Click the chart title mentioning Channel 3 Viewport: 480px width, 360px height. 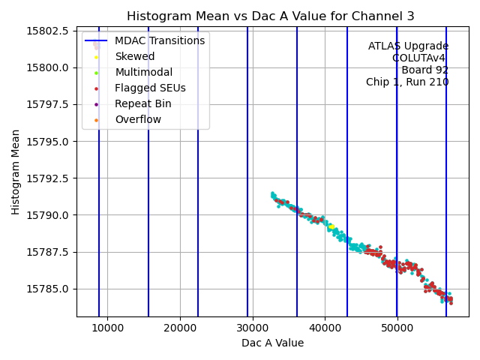pyautogui.click(x=271, y=16)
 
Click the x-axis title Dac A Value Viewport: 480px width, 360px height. pyautogui.click(x=272, y=343)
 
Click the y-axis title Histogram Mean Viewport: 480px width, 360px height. pyautogui.click(x=16, y=172)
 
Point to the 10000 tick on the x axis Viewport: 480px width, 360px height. pyautogui.click(x=107, y=327)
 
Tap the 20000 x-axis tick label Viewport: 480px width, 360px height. pyautogui.click(x=180, y=327)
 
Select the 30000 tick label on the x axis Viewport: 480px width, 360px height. pyautogui.click(x=252, y=327)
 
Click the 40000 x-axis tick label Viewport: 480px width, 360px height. pyautogui.click(x=325, y=327)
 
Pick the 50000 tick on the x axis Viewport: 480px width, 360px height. pyautogui.click(x=397, y=327)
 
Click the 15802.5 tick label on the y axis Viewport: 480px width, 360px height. pyautogui.click(x=48, y=31)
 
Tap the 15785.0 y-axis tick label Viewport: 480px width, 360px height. pyautogui.click(x=48, y=289)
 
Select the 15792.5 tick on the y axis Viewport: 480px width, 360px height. pyautogui.click(x=48, y=178)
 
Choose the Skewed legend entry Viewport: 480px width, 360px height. pyautogui.click(x=135, y=56)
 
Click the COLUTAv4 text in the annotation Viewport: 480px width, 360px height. pyautogui.click(x=420, y=58)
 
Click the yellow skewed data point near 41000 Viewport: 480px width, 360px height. pyautogui.click(x=331, y=226)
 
